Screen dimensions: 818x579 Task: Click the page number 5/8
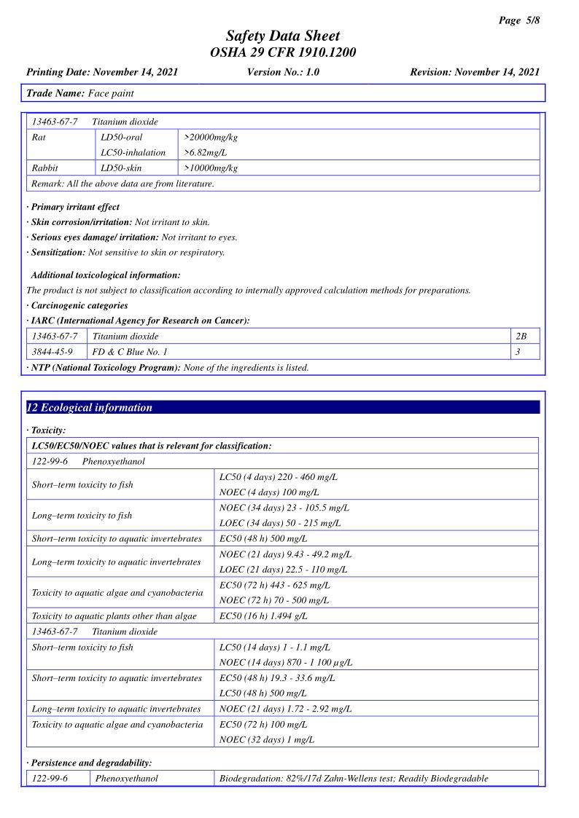point(519,20)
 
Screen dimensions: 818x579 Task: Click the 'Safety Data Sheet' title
point(283,36)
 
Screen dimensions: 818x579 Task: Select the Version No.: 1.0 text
point(283,72)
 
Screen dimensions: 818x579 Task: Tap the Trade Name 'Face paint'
point(111,93)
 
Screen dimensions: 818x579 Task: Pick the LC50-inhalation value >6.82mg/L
point(205,153)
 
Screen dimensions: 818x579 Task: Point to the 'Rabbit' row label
point(44,168)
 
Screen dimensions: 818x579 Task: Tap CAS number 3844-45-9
point(53,352)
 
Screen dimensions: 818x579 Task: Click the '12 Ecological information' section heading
point(90,408)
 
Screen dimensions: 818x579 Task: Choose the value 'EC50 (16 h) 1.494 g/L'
point(263,616)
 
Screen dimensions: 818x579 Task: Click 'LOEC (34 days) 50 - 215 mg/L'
point(280,523)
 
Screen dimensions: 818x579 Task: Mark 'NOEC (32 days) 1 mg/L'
point(267,740)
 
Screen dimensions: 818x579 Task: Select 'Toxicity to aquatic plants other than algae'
point(114,616)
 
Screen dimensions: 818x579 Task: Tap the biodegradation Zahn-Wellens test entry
point(354,779)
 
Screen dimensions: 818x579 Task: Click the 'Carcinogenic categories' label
point(79,305)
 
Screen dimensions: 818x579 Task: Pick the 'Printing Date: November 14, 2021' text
point(102,72)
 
